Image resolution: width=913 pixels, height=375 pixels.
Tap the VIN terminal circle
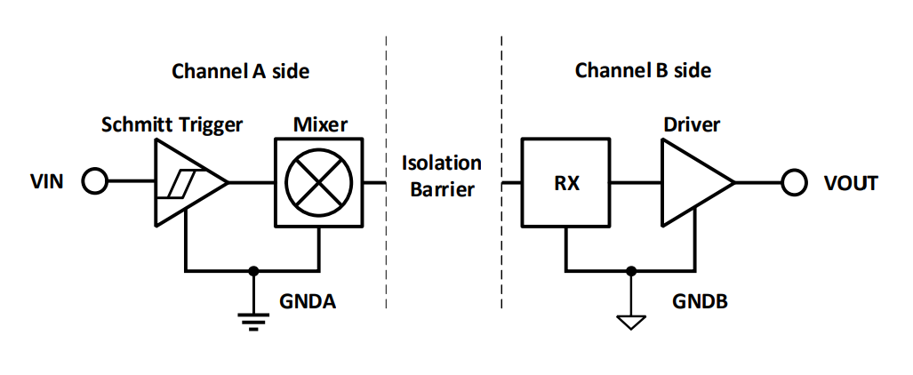(94, 183)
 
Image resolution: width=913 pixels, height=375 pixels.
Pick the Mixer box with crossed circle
(319, 183)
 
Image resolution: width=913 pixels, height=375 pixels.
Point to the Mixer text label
(320, 124)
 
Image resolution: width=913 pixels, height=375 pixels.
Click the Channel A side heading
(240, 71)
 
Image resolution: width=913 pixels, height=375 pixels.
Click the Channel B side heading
(643, 70)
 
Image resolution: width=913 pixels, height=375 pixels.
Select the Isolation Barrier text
(442, 176)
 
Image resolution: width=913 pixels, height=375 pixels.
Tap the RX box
(565, 183)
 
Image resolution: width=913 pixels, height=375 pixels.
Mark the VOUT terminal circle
(793, 183)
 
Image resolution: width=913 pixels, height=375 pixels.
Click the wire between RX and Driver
(633, 183)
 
